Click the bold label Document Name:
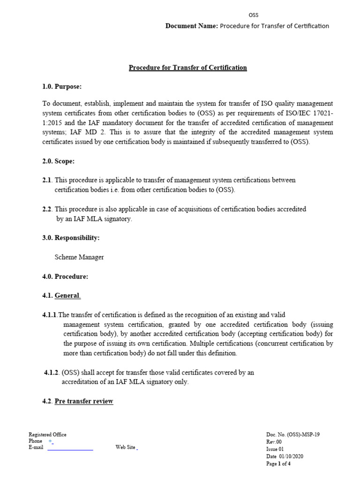point(192,26)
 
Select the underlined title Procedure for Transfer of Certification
point(187,67)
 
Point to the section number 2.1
point(47,180)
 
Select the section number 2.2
point(47,209)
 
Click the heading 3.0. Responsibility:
point(71,238)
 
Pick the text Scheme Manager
point(79,257)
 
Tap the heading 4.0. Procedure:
point(65,277)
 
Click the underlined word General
point(67,296)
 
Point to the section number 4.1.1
point(50,315)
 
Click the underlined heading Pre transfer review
point(84,401)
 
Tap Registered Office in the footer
point(47,435)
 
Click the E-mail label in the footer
point(36,447)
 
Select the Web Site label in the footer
point(125,447)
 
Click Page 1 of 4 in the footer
point(278,464)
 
